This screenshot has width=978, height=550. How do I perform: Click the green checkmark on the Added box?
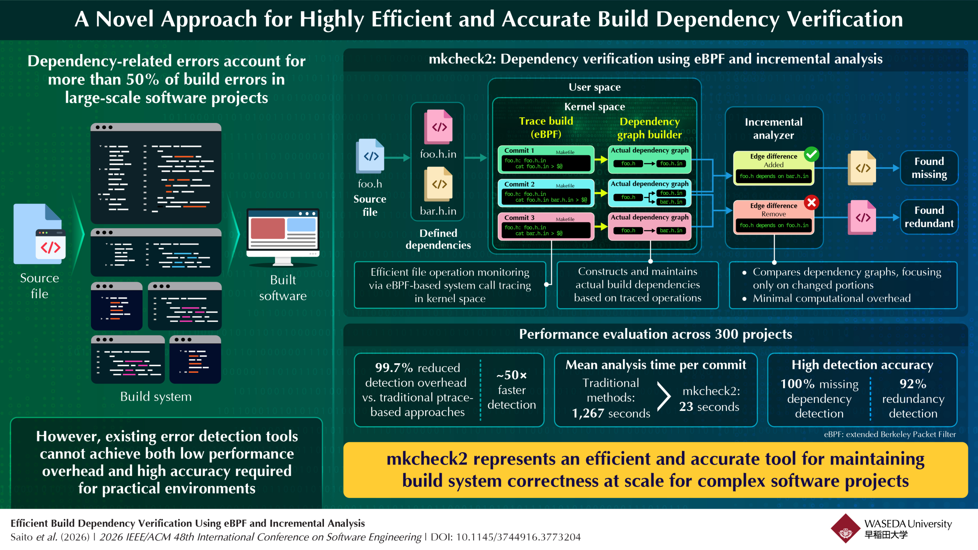pos(811,154)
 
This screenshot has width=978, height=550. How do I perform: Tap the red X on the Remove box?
pos(811,202)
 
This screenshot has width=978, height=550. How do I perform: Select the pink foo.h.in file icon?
pos(439,127)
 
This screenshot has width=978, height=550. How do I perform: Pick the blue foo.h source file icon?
pos(370,156)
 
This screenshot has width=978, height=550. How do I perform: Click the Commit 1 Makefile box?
pos(546,159)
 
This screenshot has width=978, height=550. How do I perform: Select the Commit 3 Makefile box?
pos(546,226)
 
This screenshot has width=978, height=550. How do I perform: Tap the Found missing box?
pos(929,168)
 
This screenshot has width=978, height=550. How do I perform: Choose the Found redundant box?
pos(929,217)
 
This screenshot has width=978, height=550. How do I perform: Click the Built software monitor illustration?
pos(283,237)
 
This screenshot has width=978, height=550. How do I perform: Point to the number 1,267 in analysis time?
pos(588,413)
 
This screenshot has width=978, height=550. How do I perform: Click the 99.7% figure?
pos(394,367)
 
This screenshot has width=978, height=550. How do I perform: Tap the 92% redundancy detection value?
pos(913,383)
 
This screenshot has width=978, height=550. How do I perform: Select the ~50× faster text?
pos(512,382)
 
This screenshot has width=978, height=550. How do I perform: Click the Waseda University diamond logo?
pos(845,529)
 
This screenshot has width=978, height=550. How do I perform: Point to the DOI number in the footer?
pos(518,537)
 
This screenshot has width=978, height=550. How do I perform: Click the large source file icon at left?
pos(40,234)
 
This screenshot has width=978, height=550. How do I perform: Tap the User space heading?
pos(594,87)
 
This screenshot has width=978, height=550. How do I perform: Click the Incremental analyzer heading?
pos(774,128)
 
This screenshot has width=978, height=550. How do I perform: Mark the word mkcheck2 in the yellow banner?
pos(427,459)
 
